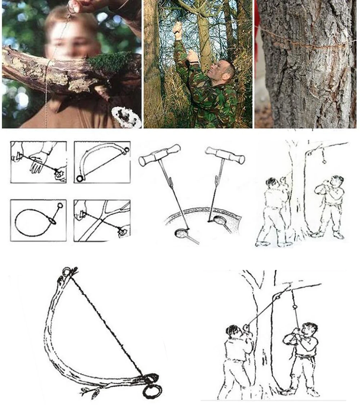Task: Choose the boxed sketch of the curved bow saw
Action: click(x=102, y=162)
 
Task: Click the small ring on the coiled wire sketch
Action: click(x=60, y=206)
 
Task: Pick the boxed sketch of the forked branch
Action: click(x=102, y=220)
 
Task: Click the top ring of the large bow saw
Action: click(x=67, y=271)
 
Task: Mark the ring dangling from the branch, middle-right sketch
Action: click(x=324, y=161)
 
